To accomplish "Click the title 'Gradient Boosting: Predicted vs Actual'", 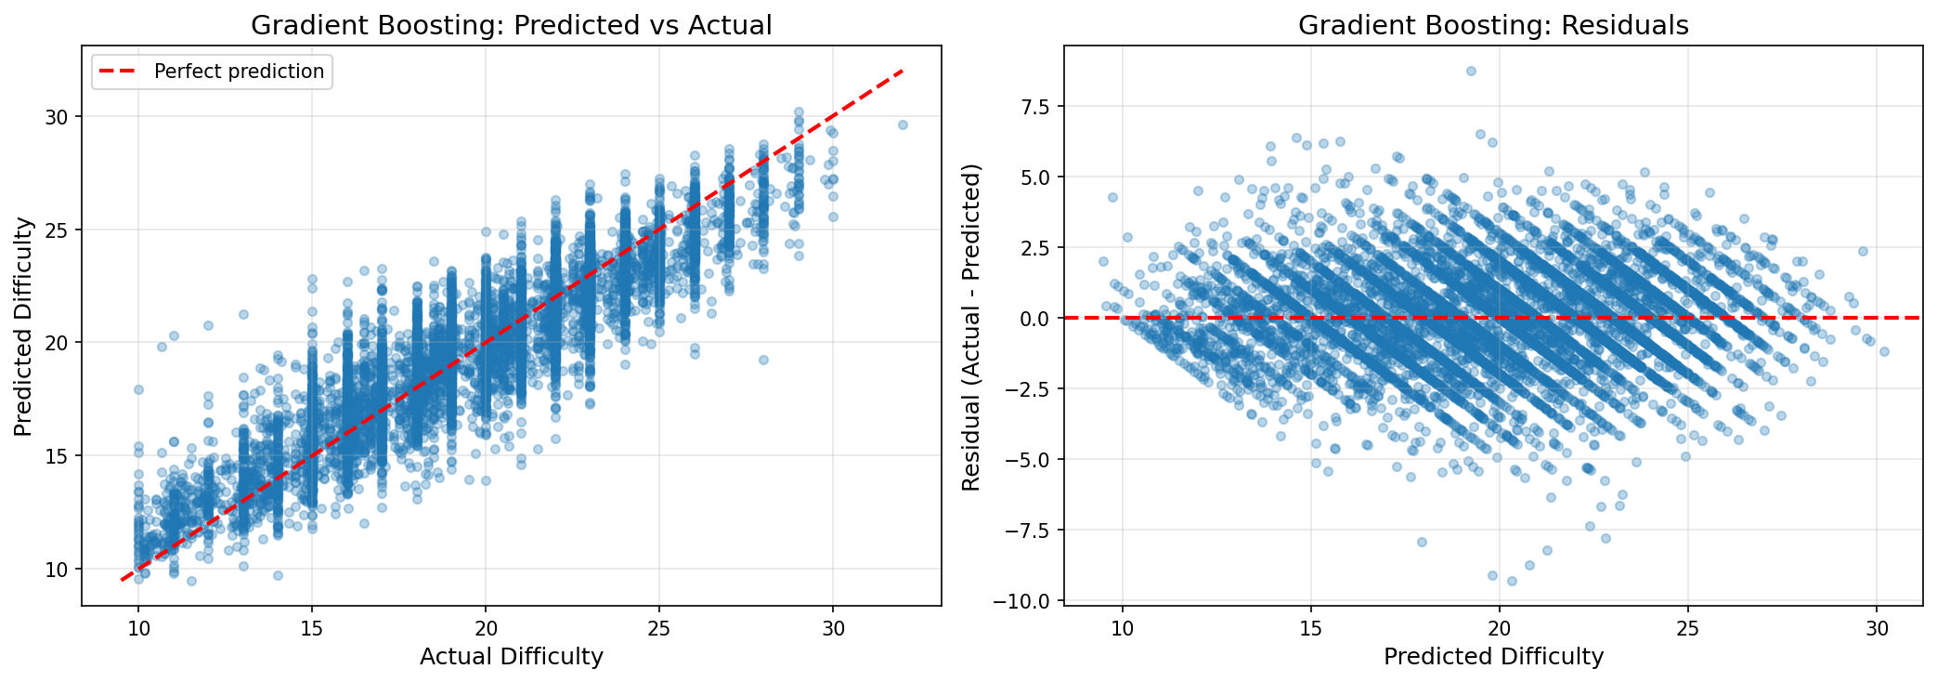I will (x=511, y=25).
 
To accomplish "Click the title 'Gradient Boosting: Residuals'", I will (x=1493, y=25).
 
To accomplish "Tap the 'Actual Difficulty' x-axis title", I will (x=511, y=657).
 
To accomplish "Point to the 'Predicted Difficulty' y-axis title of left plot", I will (x=24, y=326).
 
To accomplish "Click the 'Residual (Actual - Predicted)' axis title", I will (x=971, y=327).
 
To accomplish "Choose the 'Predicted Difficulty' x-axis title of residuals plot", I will (x=1493, y=657).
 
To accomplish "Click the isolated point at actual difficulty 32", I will (x=902, y=125).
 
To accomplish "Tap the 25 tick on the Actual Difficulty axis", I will (x=659, y=628).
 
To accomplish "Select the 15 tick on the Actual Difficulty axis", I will (x=312, y=628).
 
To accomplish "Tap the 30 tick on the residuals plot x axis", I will (x=1878, y=628).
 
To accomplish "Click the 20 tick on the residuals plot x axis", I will (x=1500, y=628).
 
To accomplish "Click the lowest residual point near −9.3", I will (x=1512, y=581).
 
